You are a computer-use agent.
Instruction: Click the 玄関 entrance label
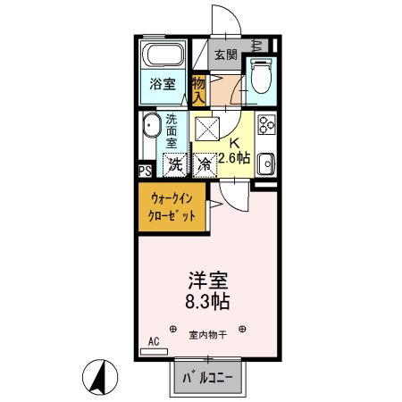[226, 54]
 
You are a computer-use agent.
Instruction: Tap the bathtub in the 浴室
[163, 54]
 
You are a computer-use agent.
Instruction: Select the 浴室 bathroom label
[163, 84]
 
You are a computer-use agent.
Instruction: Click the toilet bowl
[261, 75]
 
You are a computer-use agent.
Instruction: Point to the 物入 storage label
[198, 90]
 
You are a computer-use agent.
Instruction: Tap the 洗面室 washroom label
[172, 131]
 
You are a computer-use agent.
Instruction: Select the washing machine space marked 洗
[175, 165]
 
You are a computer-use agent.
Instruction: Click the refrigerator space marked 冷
[205, 165]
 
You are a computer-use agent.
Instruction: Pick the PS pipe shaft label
[146, 172]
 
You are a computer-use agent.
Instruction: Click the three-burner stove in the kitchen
[266, 124]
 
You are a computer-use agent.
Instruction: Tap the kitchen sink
[266, 164]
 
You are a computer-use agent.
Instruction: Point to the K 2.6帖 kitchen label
[234, 152]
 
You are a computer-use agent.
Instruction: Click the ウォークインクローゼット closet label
[172, 206]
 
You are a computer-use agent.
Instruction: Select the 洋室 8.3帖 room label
[207, 290]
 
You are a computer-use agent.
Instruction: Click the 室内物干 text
[208, 336]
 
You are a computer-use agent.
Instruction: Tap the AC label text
[154, 341]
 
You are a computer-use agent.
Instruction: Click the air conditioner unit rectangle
[154, 352]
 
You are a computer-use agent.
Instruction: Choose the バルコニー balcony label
[207, 378]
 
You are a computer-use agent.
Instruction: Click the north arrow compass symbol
[100, 377]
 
